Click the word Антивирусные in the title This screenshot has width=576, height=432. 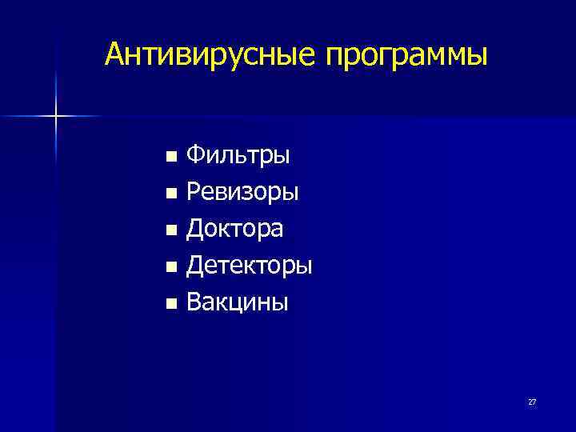click(209, 54)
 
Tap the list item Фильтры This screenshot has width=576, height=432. click(238, 155)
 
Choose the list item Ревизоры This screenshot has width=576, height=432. click(242, 192)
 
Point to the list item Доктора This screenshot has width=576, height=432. click(234, 229)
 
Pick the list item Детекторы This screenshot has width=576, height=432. click(250, 265)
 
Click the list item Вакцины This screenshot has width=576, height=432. click(238, 302)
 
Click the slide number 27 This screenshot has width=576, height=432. click(532, 402)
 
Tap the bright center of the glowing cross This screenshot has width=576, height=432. click(56, 117)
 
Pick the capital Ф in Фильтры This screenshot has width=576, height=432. click(196, 154)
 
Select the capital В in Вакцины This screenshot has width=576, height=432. click(194, 302)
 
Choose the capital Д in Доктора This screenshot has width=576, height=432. click(195, 229)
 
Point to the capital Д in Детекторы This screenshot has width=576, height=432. click(195, 266)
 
